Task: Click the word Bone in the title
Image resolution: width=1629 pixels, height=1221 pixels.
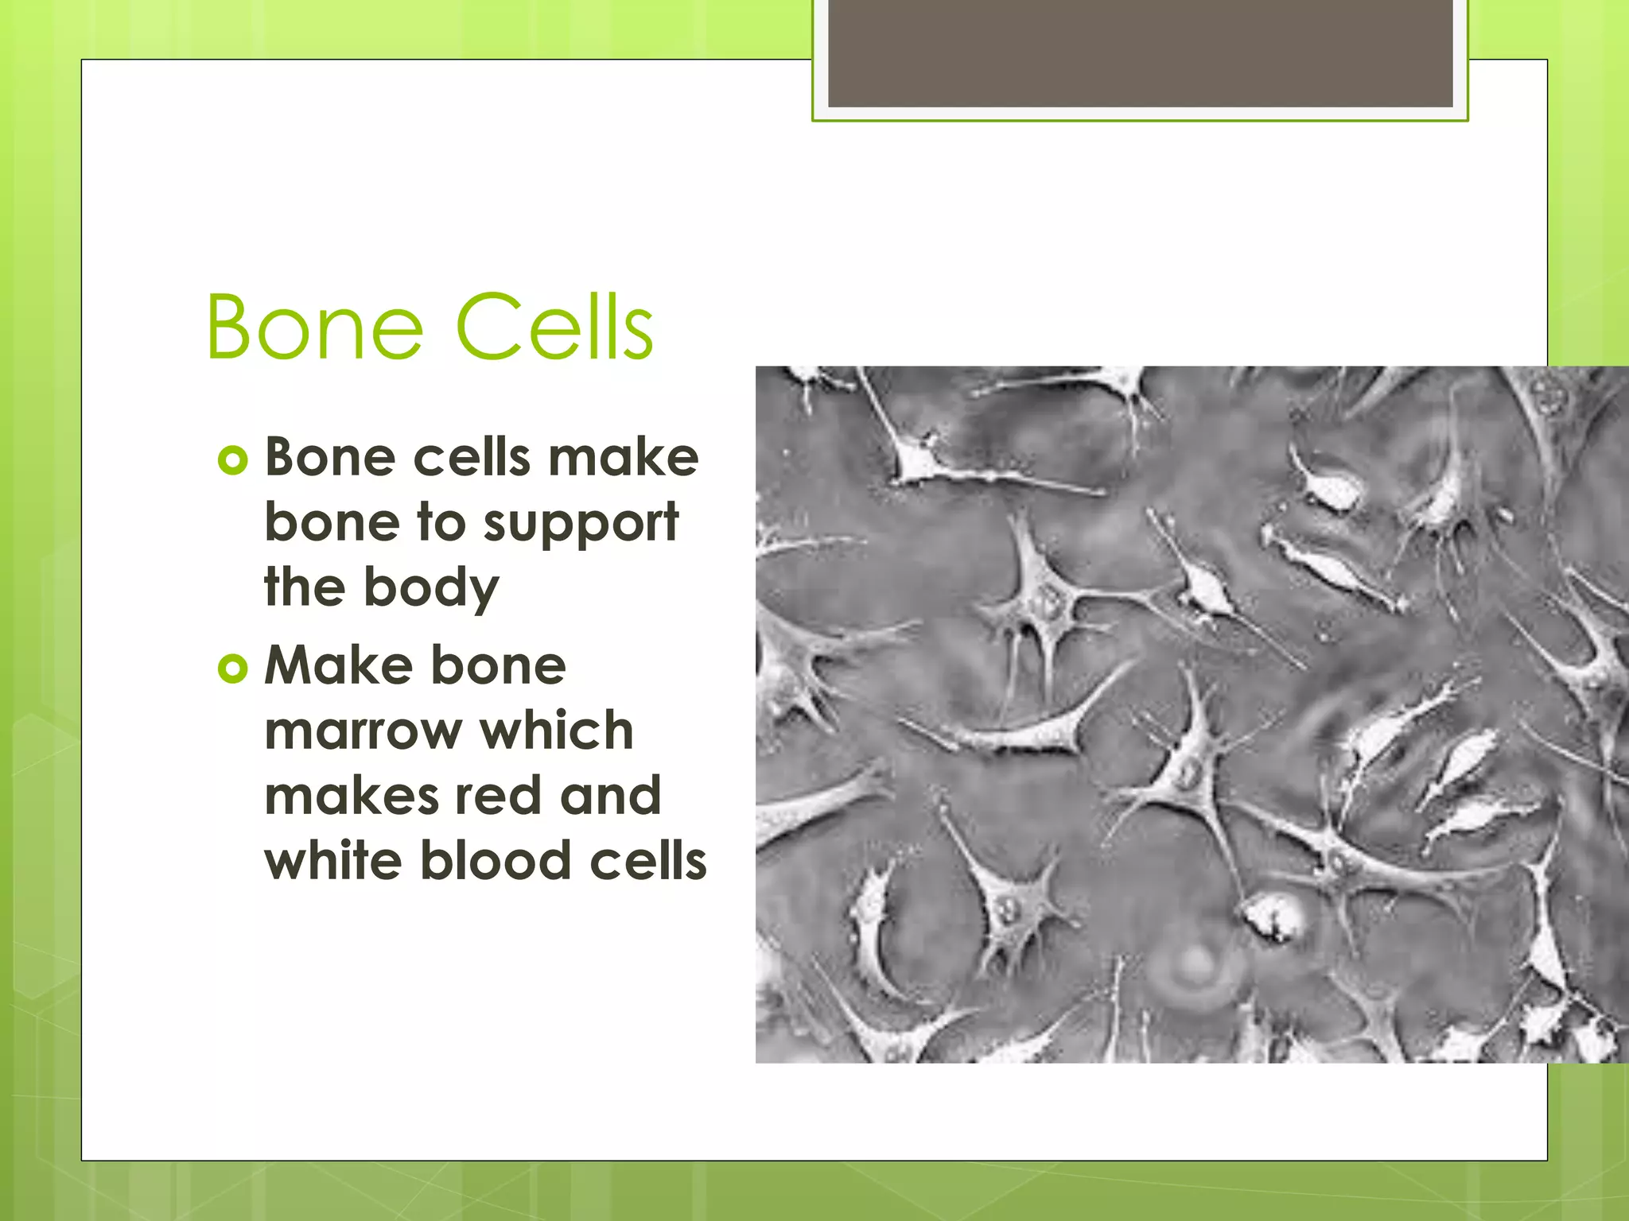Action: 315,328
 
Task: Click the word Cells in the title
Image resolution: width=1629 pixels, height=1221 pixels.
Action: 554,328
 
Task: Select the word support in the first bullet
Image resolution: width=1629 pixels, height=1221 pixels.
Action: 581,525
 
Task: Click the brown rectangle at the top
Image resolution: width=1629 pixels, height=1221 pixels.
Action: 1140,52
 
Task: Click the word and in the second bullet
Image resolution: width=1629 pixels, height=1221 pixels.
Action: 610,796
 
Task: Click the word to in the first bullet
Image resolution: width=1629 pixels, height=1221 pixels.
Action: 441,523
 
